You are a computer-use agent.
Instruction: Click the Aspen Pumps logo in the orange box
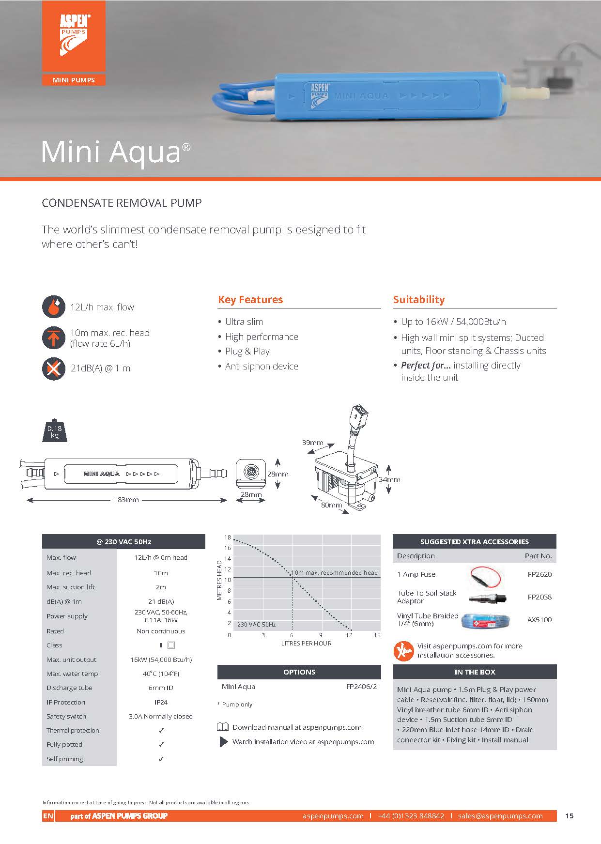point(74,35)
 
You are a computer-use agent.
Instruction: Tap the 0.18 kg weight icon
point(54,430)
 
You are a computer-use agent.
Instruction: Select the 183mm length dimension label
point(126,500)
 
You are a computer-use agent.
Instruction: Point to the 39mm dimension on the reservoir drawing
point(312,443)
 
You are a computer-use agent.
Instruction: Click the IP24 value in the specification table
point(161,702)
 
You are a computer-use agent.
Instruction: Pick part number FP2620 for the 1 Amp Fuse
point(539,574)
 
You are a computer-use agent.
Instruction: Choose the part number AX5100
point(539,620)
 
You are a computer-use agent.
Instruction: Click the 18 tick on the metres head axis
point(228,537)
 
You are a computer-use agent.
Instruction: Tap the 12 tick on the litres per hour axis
point(349,635)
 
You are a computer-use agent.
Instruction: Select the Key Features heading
point(250,300)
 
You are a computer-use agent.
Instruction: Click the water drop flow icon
point(54,307)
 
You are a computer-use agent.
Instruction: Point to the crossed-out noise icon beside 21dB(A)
point(54,369)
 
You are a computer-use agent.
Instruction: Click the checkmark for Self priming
point(161,759)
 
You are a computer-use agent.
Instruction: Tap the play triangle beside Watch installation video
point(223,742)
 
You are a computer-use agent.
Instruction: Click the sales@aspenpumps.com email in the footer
point(500,816)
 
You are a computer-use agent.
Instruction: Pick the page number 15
point(569,816)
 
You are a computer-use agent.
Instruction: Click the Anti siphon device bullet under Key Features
point(262,367)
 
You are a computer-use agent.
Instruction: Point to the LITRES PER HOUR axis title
point(306,644)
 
